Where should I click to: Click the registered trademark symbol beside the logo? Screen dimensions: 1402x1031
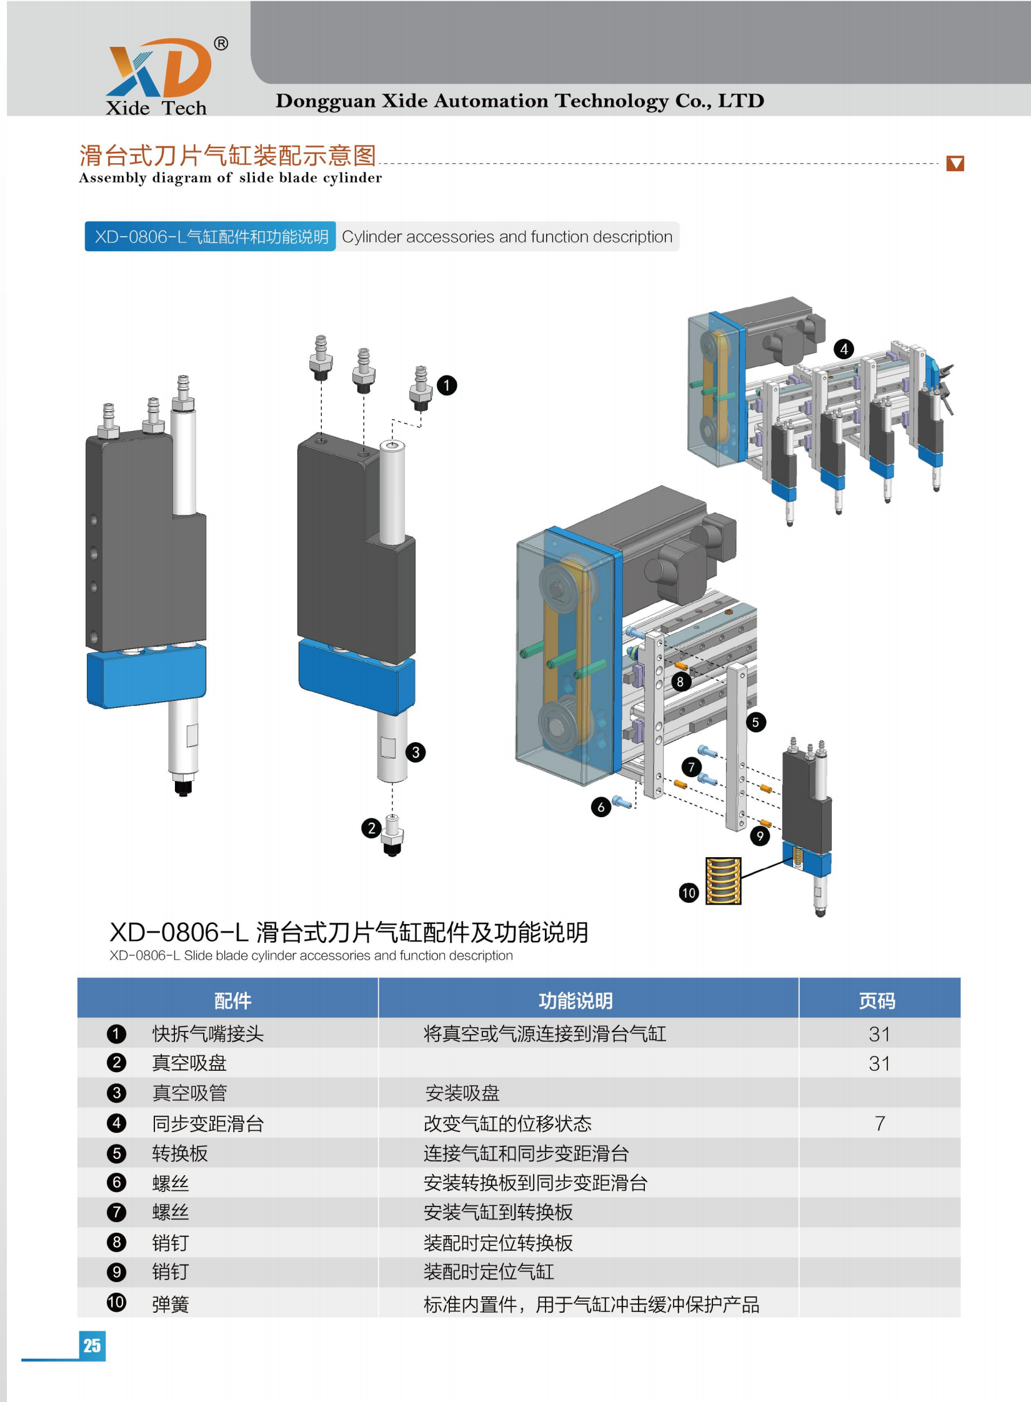click(221, 44)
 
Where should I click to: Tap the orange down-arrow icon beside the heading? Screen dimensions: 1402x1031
click(955, 163)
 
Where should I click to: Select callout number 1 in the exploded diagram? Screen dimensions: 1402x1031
click(447, 385)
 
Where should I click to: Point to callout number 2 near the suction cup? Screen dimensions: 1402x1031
click(372, 828)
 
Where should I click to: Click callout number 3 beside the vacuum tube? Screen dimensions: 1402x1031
click(416, 752)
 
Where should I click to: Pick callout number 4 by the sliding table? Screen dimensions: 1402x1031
click(844, 349)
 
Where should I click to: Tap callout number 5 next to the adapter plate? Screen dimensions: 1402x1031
click(755, 723)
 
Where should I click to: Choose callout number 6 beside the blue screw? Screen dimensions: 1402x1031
click(601, 807)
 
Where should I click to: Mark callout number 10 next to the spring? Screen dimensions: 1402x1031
click(689, 893)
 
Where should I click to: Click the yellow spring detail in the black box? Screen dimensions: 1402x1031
click(724, 881)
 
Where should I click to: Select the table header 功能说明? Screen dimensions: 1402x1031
click(575, 1001)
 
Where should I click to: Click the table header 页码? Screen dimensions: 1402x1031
click(877, 1001)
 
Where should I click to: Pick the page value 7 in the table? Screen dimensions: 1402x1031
click(879, 1123)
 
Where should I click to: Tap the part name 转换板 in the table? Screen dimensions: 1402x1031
click(180, 1153)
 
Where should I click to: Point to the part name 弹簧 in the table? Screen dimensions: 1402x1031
click(171, 1305)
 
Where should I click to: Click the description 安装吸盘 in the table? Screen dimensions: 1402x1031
click(462, 1093)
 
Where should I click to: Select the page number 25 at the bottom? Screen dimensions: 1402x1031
click(92, 1345)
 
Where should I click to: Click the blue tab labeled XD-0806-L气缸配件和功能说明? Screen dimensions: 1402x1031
click(211, 237)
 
